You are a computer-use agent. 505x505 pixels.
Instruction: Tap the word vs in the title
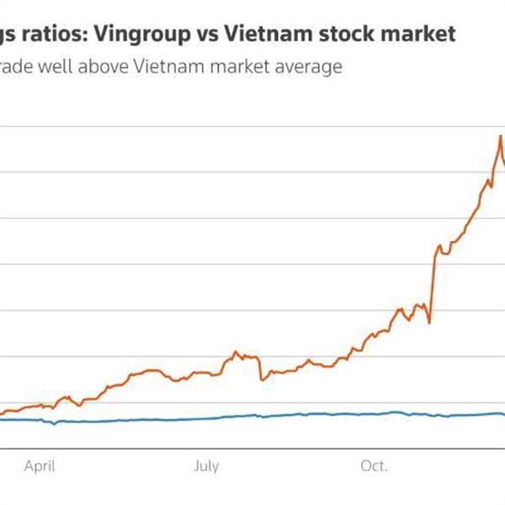click(x=208, y=35)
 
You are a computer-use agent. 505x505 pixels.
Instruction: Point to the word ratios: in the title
click(x=51, y=35)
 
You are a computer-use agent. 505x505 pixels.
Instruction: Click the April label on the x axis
click(x=40, y=465)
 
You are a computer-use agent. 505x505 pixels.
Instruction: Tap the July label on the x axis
click(x=206, y=465)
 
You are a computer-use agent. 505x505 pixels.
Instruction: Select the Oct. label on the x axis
click(x=375, y=465)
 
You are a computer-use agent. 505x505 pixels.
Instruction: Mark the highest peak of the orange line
click(x=501, y=135)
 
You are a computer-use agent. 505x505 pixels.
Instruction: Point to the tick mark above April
click(x=40, y=450)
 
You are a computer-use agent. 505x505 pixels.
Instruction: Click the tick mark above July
click(x=206, y=450)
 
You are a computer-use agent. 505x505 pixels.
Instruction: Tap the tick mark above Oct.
click(x=375, y=450)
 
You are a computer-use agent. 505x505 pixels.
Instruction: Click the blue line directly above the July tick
click(x=206, y=418)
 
